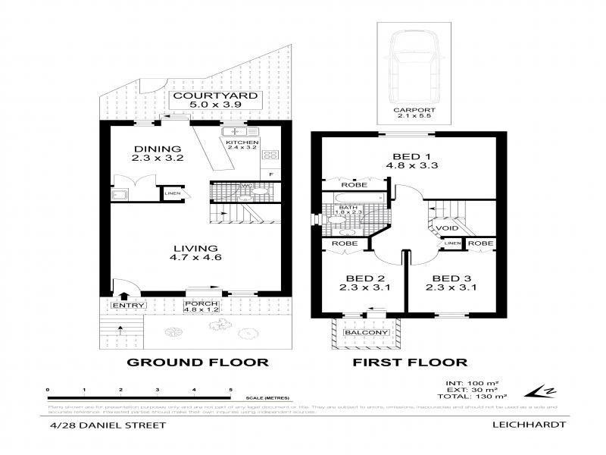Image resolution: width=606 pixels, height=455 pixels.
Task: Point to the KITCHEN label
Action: click(x=242, y=143)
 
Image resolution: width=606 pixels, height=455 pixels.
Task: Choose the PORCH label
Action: click(x=201, y=305)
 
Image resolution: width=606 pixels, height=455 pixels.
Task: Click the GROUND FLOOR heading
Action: click(x=197, y=362)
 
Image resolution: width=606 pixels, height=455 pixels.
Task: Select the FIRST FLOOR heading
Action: click(x=409, y=362)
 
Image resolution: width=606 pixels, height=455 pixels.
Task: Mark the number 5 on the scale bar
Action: click(x=230, y=389)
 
